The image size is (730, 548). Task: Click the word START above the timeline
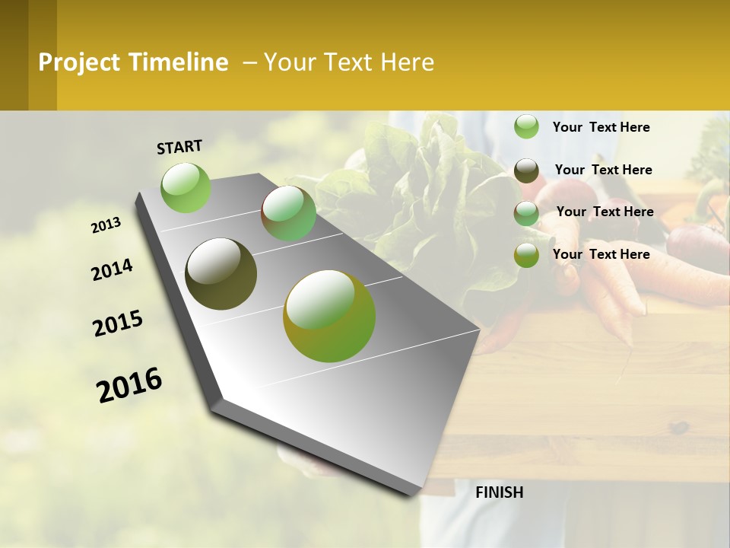(179, 147)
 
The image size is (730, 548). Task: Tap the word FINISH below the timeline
(500, 492)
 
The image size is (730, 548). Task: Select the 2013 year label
(106, 225)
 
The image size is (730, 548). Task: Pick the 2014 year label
(112, 270)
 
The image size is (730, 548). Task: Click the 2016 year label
(129, 385)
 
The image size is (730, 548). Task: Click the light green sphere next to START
(186, 187)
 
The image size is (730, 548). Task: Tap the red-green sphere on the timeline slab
(288, 214)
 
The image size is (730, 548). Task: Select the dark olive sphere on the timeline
(221, 274)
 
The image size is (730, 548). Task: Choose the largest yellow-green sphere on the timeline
(329, 316)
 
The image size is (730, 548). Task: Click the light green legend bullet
(526, 127)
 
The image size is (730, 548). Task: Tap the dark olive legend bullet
(526, 170)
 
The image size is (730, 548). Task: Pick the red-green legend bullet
(526, 213)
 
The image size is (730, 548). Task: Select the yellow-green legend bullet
(526, 255)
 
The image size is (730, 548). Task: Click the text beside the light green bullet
(601, 127)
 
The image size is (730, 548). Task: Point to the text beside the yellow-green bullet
(601, 254)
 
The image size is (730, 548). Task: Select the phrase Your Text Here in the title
(349, 62)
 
